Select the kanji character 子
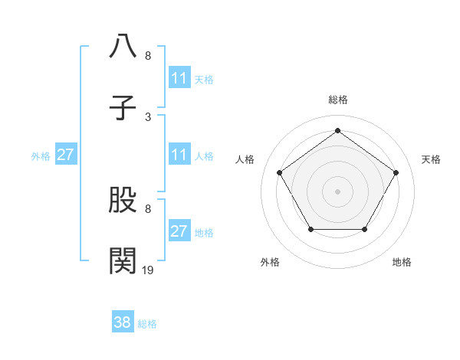pos(123,107)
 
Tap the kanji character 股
pos(123,201)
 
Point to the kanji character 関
pos(123,260)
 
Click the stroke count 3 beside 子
pos(148,116)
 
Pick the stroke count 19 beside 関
pos(148,270)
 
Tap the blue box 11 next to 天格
pos(179,78)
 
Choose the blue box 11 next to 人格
pos(179,155)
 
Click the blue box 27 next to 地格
pos(179,231)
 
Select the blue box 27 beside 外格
pos(65,155)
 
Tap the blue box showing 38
pos(123,322)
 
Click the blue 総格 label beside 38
pos(147,324)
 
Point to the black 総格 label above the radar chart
pos(338,100)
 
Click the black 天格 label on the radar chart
pos(431,159)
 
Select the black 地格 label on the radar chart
pos(402,262)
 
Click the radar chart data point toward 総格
pos(338,131)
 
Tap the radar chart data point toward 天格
pos(396,172)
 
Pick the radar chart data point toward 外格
pos(310,229)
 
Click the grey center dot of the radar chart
pos(338,191)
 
